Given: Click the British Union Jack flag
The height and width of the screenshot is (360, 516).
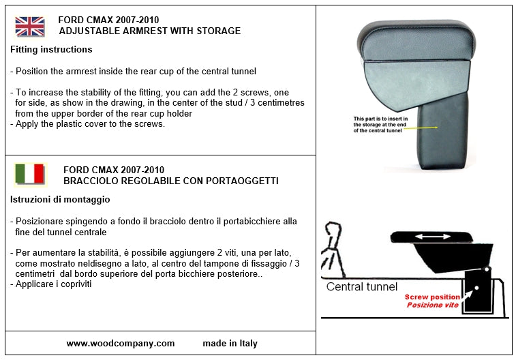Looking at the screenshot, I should (29, 27).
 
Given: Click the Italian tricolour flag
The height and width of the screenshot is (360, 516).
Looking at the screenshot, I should (29, 175).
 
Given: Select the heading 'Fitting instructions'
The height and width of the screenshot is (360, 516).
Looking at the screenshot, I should (52, 50).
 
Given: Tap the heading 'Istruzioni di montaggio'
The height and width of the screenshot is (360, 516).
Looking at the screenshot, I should (61, 200).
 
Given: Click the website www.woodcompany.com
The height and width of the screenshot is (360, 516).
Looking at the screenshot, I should (121, 344).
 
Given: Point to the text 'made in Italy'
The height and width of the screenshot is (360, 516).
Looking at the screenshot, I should (230, 344).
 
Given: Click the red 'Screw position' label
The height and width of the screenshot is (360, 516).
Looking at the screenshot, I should (431, 297).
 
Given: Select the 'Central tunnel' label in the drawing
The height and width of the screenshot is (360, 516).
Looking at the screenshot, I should (362, 286).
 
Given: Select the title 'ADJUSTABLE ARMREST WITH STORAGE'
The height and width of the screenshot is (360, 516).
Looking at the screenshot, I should (150, 31).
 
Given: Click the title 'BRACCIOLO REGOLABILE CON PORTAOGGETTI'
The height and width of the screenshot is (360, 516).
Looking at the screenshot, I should (170, 181).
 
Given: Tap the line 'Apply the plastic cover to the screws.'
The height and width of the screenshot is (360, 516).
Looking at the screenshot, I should (88, 124).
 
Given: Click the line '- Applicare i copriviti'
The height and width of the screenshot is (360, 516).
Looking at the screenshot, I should (51, 284).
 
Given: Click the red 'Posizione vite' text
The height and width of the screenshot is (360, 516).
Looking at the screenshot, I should (432, 305).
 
